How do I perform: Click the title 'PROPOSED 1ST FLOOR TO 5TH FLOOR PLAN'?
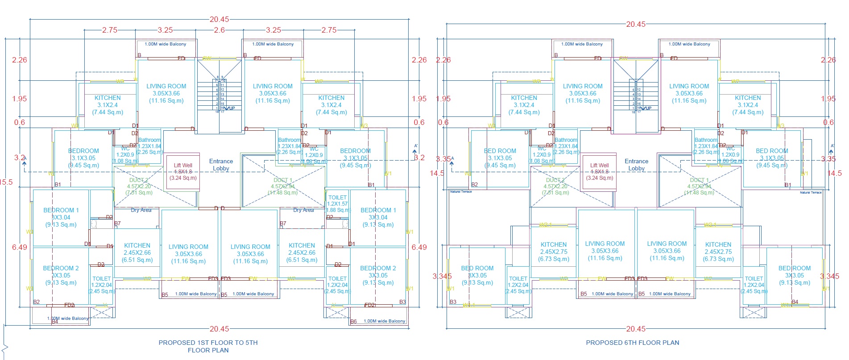coord(208,346)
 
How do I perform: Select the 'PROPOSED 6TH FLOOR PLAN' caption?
coord(632,343)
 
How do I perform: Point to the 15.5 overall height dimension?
coord(6,182)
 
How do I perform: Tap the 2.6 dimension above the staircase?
coord(219,30)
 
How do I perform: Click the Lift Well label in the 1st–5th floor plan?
coord(183,166)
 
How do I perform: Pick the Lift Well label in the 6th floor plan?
coord(599,166)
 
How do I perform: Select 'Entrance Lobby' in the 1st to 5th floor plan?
coord(221,165)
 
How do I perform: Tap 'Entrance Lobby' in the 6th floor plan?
coord(636,165)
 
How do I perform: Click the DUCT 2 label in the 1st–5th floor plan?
coord(139,180)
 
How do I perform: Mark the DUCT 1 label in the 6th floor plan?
coord(699,180)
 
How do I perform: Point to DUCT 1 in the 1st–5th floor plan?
coord(283,180)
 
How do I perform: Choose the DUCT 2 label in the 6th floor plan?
coord(555,180)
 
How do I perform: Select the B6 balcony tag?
coord(353,321)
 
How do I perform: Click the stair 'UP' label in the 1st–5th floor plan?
coord(231,108)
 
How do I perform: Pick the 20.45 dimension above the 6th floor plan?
coord(635,24)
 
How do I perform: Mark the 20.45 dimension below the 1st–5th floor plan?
coord(219,329)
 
